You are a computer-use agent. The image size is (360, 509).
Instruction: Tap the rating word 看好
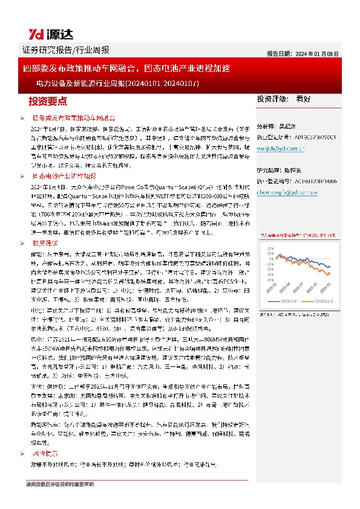click(x=304, y=99)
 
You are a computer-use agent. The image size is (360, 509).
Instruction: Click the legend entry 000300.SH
click(x=287, y=301)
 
